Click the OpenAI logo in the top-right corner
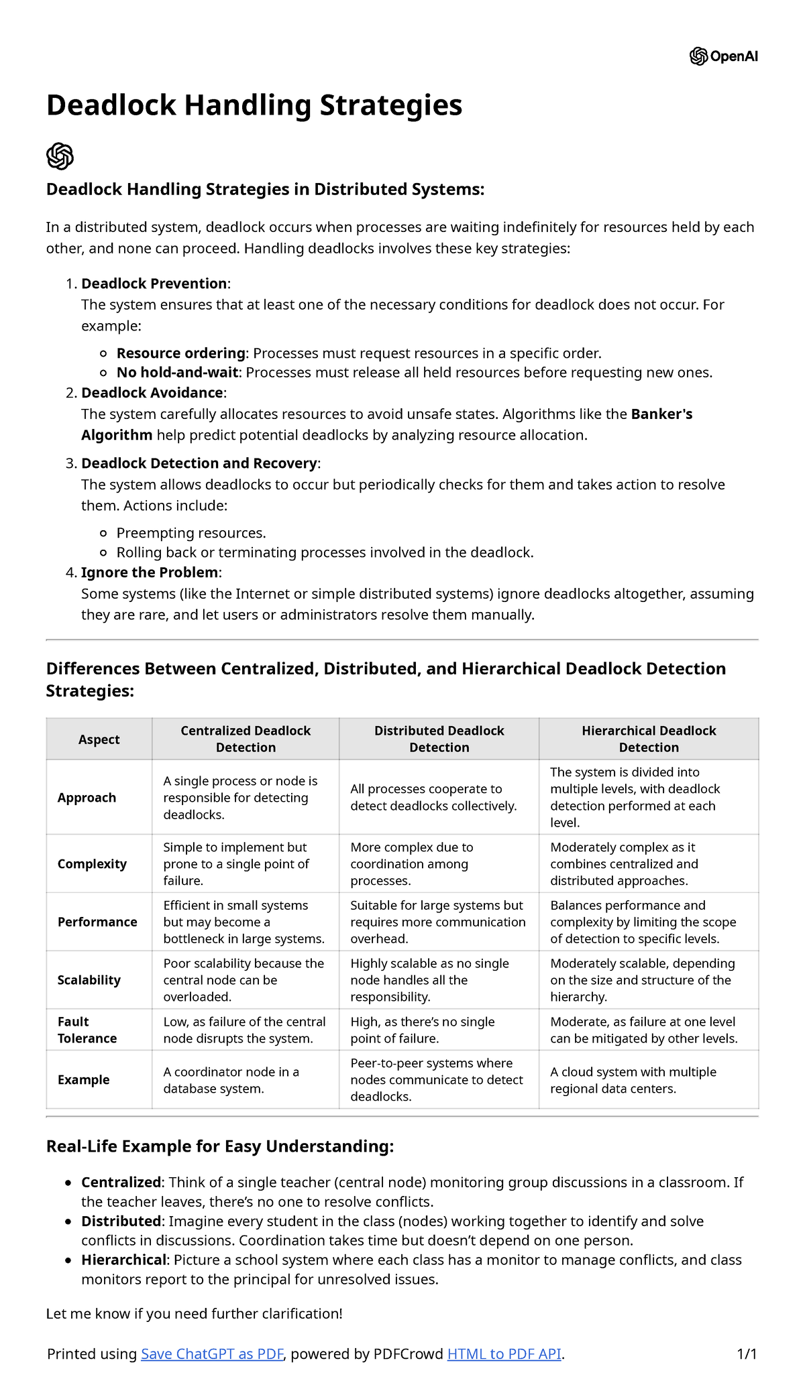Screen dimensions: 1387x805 pos(723,56)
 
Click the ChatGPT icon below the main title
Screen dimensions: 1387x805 pos(60,156)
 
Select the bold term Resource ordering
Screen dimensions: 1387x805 pos(181,353)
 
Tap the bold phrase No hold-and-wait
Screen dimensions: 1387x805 pos(178,372)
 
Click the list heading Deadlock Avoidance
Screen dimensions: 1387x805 pos(152,392)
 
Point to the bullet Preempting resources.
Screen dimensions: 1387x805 pos(191,532)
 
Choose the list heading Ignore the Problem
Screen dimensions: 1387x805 pos(150,572)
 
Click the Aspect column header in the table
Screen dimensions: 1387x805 pos(99,739)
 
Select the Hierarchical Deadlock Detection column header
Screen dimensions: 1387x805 pos(648,739)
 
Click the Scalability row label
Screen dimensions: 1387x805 pos(89,979)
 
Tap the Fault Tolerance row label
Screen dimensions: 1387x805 pos(87,1030)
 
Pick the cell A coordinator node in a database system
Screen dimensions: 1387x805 pos(231,1080)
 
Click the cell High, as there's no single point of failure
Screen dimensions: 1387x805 pos(423,1030)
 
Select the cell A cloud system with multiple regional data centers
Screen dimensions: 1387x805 pos(633,1080)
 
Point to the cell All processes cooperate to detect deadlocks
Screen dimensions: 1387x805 pos(433,797)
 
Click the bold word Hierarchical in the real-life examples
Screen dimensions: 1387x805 pos(123,1260)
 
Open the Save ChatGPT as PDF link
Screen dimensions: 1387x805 pos(213,1353)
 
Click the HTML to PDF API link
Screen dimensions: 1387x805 pos(504,1353)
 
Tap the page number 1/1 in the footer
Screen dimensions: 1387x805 pos(747,1353)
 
